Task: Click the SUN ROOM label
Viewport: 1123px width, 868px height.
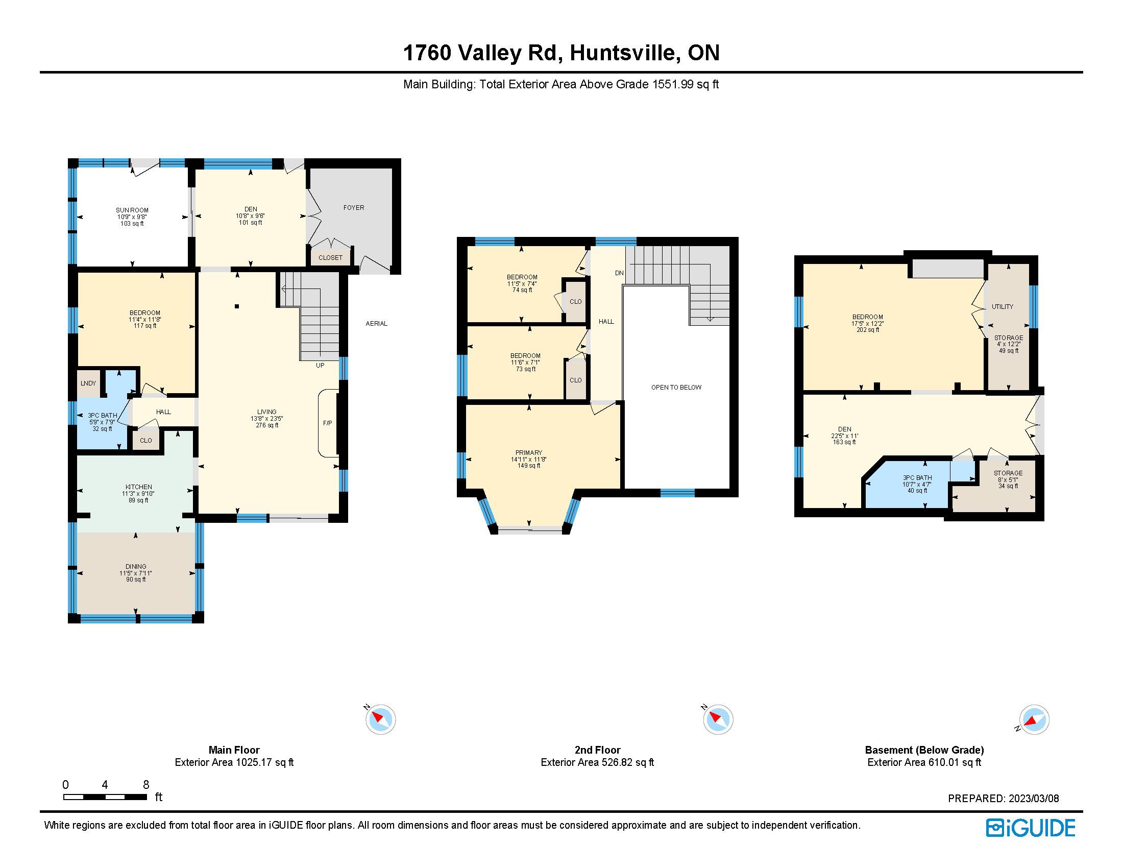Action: [x=132, y=210]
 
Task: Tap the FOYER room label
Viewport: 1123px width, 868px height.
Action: [x=354, y=207]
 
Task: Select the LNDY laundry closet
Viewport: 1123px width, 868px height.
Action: [x=88, y=383]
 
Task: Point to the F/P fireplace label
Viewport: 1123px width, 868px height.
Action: [x=328, y=423]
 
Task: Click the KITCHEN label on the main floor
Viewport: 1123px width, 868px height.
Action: [x=139, y=487]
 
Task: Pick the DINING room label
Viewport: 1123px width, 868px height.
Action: [x=136, y=566]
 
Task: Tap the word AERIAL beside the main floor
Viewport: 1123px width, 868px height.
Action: [x=376, y=323]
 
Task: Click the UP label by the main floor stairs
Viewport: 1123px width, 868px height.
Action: [x=320, y=366]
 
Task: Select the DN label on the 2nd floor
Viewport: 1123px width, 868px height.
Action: [x=619, y=273]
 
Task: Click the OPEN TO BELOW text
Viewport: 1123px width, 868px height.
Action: [x=676, y=387]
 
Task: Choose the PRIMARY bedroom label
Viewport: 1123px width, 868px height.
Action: [x=529, y=452]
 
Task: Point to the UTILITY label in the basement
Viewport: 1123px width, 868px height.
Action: [x=1002, y=306]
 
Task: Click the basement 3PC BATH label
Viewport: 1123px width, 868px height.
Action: [x=917, y=478]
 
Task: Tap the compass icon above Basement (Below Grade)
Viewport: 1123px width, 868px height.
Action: [x=1034, y=719]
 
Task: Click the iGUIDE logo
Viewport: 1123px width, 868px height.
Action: [x=1031, y=828]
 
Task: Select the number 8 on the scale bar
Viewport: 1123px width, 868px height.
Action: [x=146, y=785]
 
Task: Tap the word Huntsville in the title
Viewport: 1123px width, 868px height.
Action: [x=623, y=53]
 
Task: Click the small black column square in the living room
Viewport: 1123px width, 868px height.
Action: [x=237, y=306]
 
